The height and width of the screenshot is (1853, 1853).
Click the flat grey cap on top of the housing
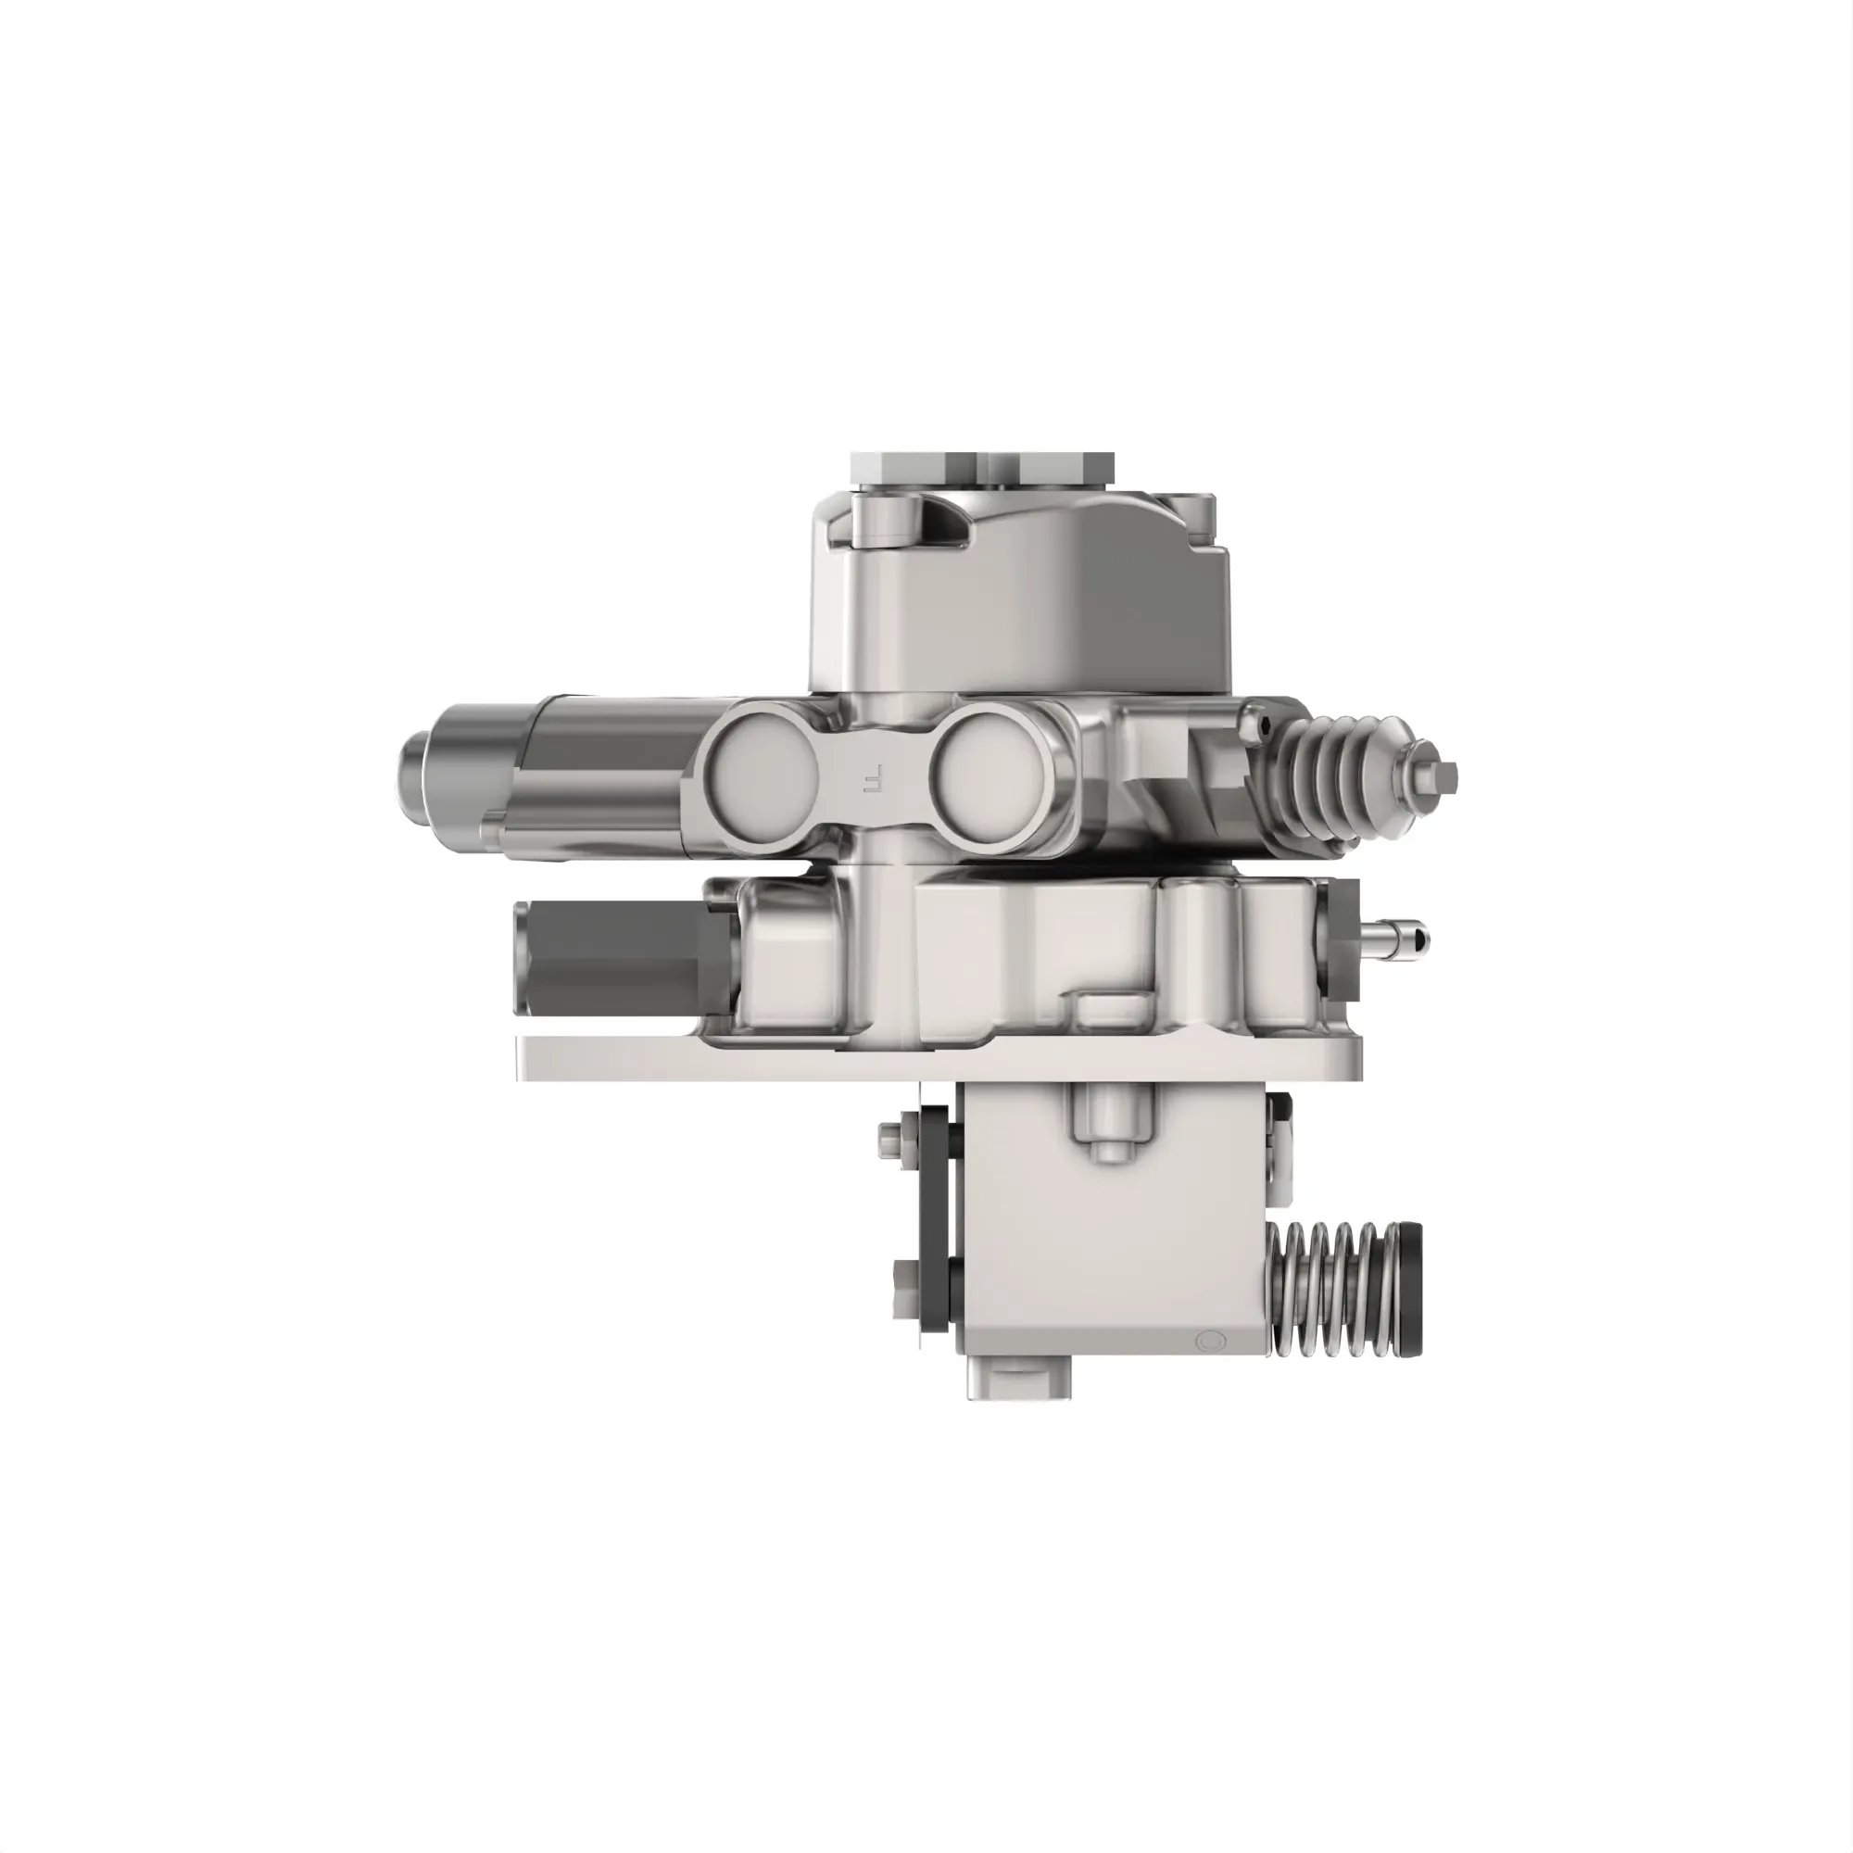983,470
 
